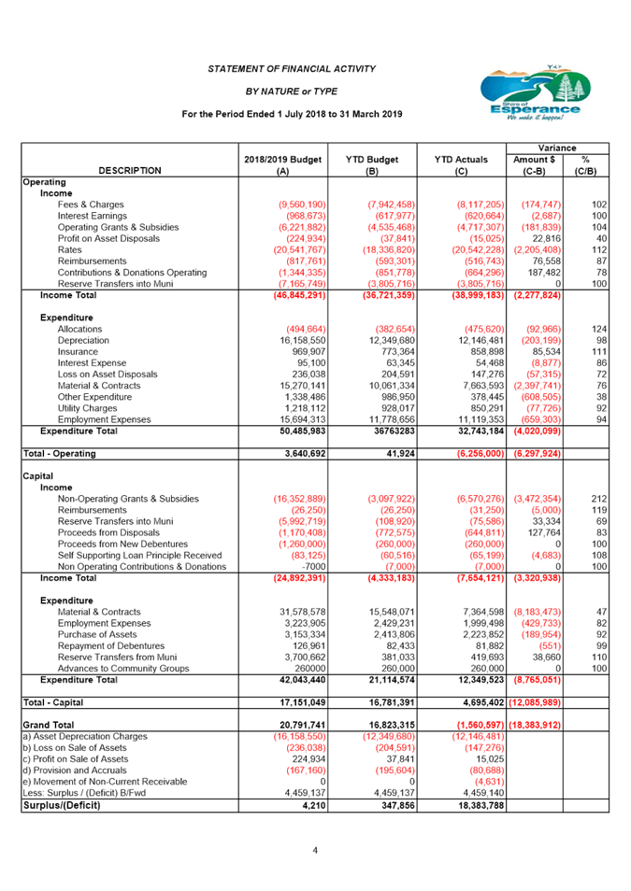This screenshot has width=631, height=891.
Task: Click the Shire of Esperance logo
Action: point(536,92)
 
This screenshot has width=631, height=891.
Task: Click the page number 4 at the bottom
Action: point(315,850)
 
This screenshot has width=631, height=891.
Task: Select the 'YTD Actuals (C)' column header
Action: point(462,164)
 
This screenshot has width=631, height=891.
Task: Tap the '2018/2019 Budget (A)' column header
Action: point(283,164)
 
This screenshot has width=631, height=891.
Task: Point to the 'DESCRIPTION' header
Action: point(130,171)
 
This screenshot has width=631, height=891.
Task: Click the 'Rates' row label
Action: point(69,249)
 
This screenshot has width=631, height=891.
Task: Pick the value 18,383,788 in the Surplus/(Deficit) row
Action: point(480,805)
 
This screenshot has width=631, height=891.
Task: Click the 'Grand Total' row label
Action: point(49,725)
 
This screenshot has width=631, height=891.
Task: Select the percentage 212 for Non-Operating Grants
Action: point(599,499)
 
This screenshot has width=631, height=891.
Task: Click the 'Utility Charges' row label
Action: point(87,408)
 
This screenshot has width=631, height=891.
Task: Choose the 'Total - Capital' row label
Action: point(53,702)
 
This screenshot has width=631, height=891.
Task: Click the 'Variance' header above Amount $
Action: point(557,148)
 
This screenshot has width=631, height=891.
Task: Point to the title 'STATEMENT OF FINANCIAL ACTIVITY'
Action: point(292,69)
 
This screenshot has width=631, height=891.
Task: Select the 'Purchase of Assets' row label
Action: point(97,634)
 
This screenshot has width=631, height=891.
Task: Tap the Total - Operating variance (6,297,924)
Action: point(538,454)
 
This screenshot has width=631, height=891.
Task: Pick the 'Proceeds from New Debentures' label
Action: point(122,544)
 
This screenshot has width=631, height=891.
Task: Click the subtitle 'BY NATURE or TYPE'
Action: point(292,92)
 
